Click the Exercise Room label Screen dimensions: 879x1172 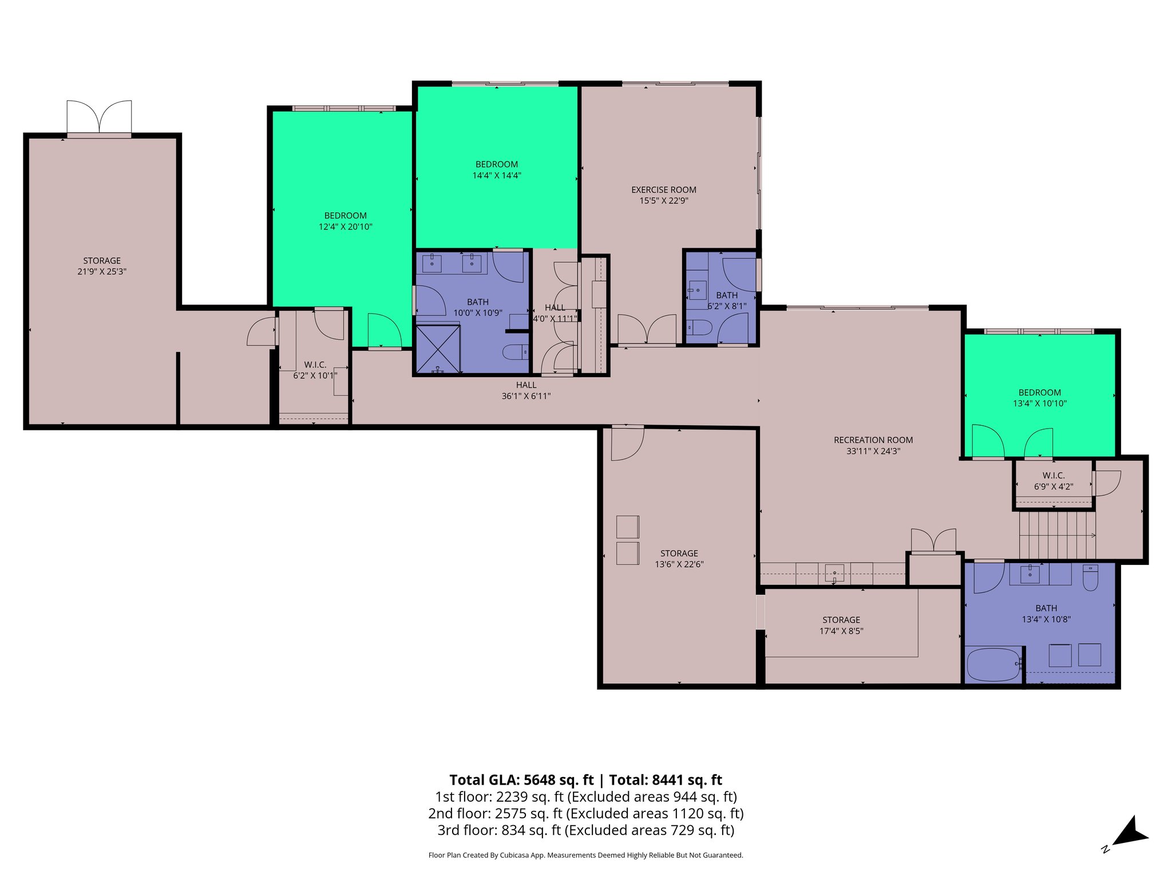click(663, 189)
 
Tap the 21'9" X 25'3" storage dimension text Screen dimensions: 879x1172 click(102, 272)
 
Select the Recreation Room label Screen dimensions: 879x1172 click(873, 440)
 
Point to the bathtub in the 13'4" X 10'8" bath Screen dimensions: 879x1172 click(993, 664)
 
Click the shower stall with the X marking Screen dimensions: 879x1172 click(438, 349)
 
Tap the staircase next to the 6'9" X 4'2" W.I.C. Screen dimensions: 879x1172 click(1056, 535)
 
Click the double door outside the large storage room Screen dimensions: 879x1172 click(99, 117)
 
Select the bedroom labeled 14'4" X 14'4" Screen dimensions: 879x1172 click(496, 169)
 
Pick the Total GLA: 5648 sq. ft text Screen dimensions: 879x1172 click(521, 780)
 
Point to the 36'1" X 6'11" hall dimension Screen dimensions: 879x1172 click(526, 396)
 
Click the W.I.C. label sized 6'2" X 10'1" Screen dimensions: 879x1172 click(315, 365)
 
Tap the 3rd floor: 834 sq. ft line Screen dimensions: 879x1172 click(585, 830)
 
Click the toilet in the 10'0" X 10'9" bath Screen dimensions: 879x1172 click(515, 352)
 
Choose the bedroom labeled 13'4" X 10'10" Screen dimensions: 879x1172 click(1039, 398)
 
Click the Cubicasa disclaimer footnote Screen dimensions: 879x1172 click(585, 856)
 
